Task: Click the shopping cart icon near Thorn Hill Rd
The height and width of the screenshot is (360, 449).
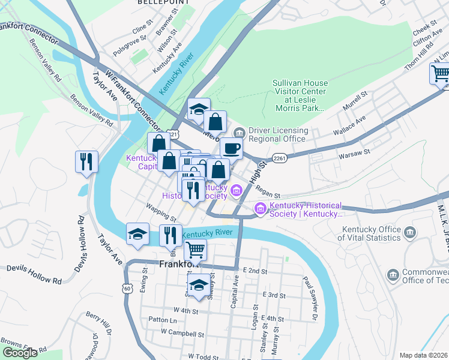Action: click(x=440, y=74)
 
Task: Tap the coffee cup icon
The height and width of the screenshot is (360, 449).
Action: click(x=231, y=148)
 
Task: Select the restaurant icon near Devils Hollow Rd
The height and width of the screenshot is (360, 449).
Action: click(x=86, y=161)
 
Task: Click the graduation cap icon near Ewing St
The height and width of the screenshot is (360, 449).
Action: click(x=137, y=234)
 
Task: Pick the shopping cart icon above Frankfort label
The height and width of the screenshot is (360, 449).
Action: click(x=194, y=249)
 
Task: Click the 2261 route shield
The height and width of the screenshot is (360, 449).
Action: click(x=279, y=158)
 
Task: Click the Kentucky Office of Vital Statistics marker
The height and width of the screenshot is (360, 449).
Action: click(x=411, y=232)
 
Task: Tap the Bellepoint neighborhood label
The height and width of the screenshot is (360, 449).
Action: click(x=159, y=3)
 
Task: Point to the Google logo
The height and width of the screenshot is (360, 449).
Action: click(x=20, y=353)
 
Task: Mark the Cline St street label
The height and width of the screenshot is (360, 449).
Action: click(x=139, y=28)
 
